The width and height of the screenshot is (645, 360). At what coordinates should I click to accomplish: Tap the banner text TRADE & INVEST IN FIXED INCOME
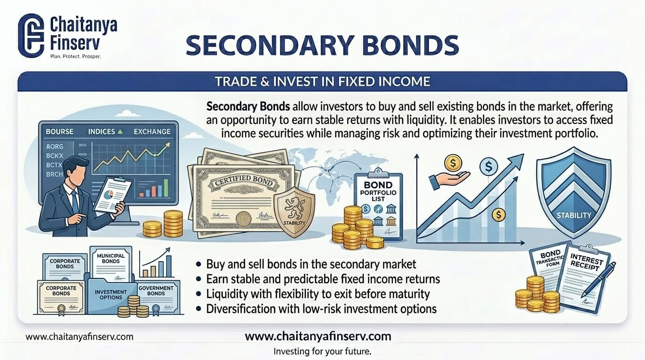[x=322, y=82]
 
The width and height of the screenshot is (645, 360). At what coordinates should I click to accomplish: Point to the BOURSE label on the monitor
[x=60, y=132]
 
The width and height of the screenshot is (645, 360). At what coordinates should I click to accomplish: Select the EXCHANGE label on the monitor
[x=152, y=132]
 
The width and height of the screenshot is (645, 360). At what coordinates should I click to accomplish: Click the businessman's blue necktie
[x=75, y=202]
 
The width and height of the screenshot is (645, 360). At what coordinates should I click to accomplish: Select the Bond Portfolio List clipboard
[x=378, y=204]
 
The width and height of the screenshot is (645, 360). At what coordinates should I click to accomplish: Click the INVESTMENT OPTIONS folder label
[x=111, y=295]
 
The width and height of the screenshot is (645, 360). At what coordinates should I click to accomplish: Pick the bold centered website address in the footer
[x=318, y=336]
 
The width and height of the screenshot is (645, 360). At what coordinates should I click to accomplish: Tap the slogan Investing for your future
[x=322, y=351]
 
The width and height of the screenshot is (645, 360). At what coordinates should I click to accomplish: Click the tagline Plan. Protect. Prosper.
[x=75, y=56]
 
